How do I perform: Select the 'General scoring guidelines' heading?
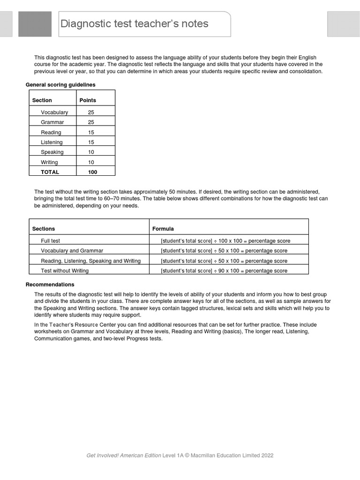[x=60, y=85]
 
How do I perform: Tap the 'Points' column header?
[x=88, y=100]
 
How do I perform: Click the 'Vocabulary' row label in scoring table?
[x=54, y=112]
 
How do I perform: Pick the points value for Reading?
[x=91, y=133]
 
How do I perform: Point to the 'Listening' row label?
[x=52, y=142]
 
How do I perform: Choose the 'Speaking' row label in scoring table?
[x=52, y=152]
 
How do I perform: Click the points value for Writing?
[x=91, y=163]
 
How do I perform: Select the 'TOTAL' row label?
[x=50, y=172]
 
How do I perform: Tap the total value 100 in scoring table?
[x=92, y=172]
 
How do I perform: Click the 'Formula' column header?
[x=163, y=229]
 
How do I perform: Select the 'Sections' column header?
[x=44, y=229]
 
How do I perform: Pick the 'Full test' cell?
[x=51, y=241]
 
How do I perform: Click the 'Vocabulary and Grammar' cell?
[x=72, y=251]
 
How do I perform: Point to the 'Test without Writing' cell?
[x=65, y=270]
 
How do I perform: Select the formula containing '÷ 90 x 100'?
[x=224, y=270]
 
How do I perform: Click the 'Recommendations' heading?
[x=50, y=285]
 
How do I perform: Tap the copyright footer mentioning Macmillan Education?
[x=180, y=455]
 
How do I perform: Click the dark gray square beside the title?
[x=35, y=24]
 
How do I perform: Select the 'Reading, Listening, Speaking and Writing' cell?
[x=91, y=261]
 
